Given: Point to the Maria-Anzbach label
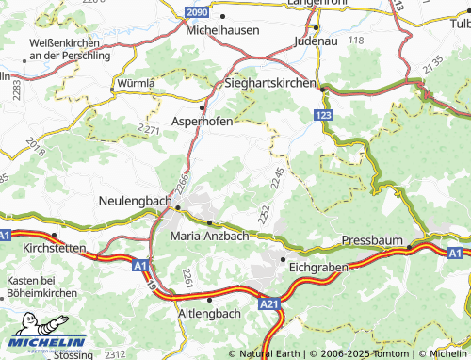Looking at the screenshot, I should pyautogui.click(x=209, y=236).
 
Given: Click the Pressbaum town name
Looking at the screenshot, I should pyautogui.click(x=373, y=240).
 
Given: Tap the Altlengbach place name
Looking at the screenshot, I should pyautogui.click(x=209, y=312).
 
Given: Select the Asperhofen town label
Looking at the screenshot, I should pyautogui.click(x=203, y=121).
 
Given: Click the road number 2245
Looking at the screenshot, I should pyautogui.click(x=276, y=175).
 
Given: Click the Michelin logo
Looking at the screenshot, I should pyautogui.click(x=47, y=342).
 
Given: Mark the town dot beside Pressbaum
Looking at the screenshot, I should pyautogui.click(x=410, y=247).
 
